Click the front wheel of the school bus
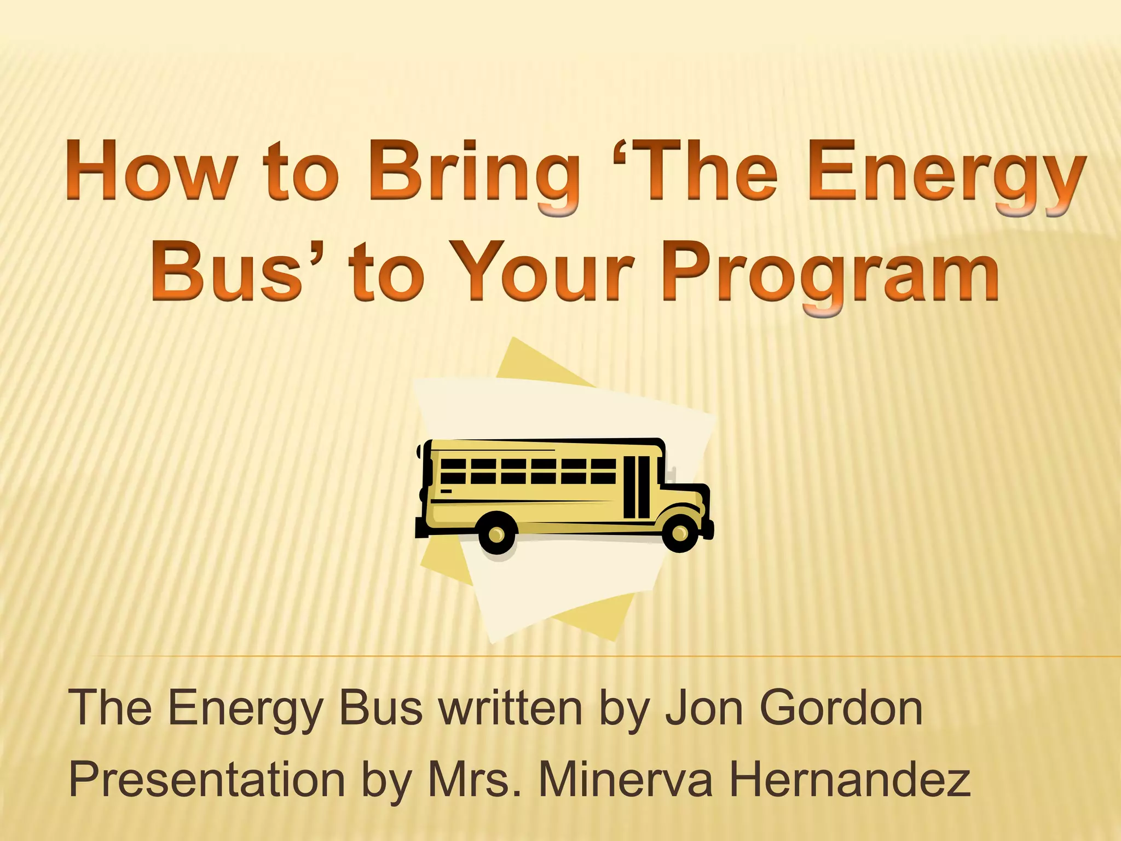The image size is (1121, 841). [x=679, y=532]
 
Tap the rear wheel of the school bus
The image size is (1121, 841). [x=496, y=533]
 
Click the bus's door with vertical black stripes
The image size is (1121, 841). [x=637, y=487]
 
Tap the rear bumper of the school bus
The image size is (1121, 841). [x=421, y=531]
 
